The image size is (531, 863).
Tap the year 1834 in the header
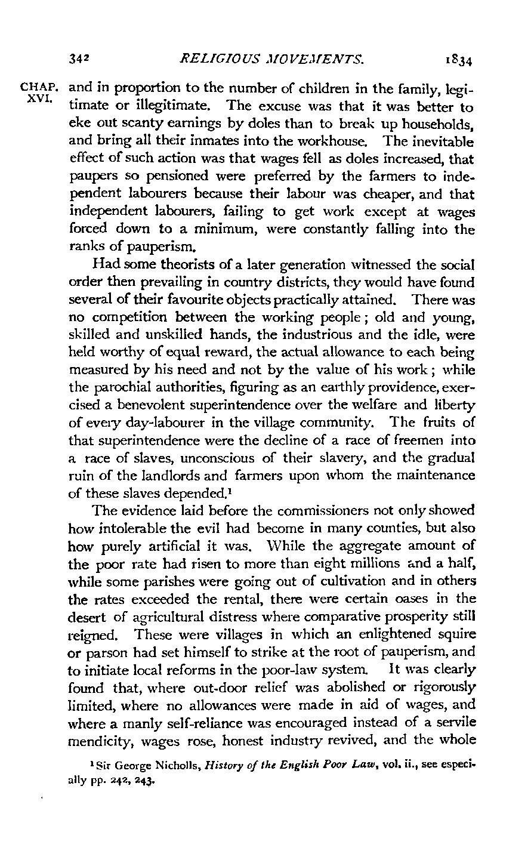pyautogui.click(x=458, y=60)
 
